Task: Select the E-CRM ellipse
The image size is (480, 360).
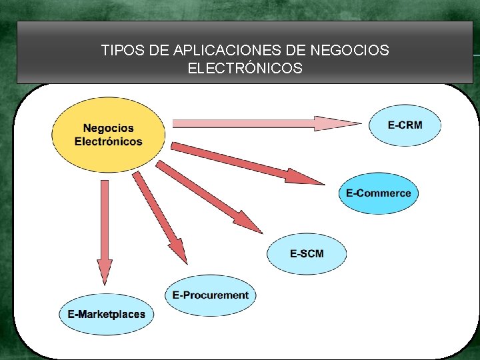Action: [x=405, y=125]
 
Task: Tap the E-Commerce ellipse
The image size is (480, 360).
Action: [x=378, y=193]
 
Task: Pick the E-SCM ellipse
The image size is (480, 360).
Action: [x=307, y=253]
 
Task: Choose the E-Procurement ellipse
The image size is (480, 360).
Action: [x=210, y=295]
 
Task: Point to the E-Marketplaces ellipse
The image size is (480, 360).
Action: [x=106, y=314]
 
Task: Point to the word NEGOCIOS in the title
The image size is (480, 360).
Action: [x=350, y=50]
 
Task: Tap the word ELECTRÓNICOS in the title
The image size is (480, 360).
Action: [x=245, y=68]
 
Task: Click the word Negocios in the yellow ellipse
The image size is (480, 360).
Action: [x=109, y=128]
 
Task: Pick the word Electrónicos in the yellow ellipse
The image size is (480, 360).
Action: [x=109, y=141]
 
